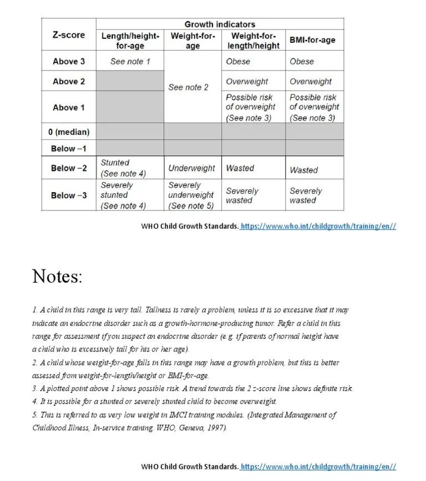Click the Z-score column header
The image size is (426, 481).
69,34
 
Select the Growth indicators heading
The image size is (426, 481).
220,24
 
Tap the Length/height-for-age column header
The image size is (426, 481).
130,41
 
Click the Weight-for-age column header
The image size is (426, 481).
192,41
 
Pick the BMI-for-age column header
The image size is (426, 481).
312,40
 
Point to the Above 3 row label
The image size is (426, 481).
69,61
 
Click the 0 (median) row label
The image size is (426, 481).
69,132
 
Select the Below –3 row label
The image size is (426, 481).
69,196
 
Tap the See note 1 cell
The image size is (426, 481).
130,61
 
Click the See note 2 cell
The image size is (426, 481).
189,87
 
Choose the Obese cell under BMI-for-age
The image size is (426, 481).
302,61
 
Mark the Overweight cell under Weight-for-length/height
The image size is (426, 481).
247,81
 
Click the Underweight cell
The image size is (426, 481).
192,168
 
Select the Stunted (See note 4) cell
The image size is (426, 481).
123,168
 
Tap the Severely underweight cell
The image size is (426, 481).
191,196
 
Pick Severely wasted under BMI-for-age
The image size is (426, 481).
306,196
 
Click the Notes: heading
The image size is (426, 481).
57,276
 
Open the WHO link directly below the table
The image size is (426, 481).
318,226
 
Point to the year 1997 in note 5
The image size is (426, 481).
217,428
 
